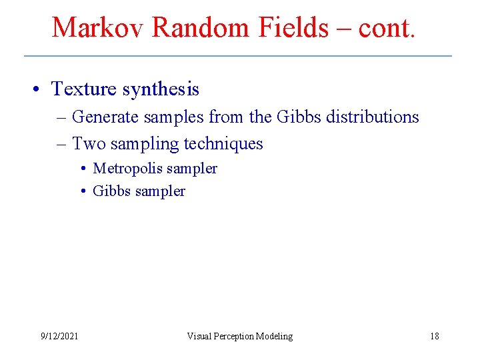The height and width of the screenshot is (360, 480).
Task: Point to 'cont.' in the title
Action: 387,27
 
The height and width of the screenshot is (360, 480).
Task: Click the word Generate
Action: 104,117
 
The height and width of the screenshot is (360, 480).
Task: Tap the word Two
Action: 88,143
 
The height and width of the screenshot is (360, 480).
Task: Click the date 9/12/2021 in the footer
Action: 59,336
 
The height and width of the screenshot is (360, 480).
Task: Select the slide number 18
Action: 434,336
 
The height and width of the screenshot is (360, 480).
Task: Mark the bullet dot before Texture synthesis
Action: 42,89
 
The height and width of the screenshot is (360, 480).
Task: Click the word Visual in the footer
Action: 199,336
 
